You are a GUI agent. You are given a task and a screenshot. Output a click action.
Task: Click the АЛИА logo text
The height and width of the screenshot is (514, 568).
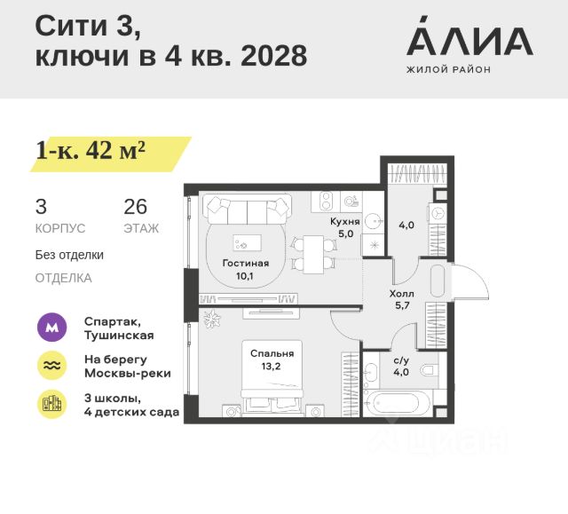click(469, 39)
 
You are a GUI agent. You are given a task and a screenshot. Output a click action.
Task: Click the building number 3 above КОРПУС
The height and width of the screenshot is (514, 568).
click(41, 208)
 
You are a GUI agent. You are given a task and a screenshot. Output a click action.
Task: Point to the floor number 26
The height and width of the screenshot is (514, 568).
click(135, 208)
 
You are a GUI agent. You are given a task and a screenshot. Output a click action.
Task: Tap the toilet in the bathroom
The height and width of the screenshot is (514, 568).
click(430, 369)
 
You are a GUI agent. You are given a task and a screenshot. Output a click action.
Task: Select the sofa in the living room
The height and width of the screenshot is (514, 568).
click(248, 210)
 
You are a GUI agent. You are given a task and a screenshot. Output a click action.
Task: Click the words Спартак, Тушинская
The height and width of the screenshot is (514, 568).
click(118, 328)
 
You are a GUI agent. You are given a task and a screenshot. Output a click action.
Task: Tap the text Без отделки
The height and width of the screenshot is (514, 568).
click(69, 255)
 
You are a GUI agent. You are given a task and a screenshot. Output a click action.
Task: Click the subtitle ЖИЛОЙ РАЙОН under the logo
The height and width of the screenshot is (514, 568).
click(448, 69)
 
